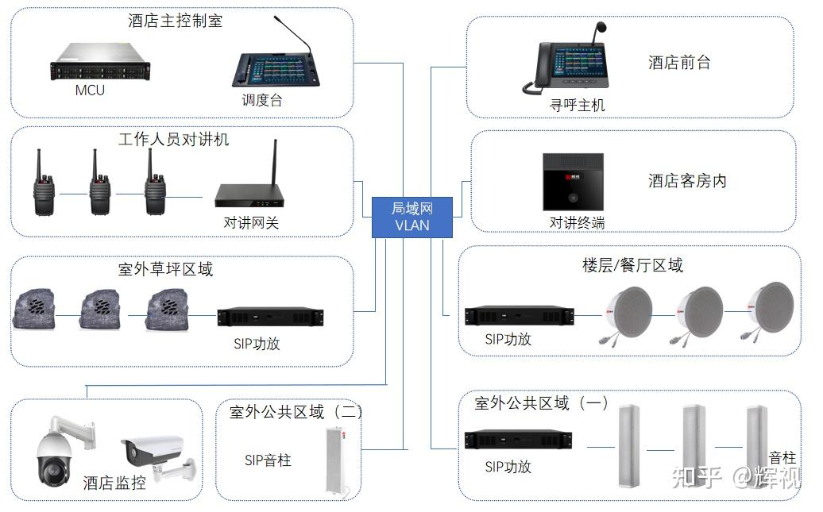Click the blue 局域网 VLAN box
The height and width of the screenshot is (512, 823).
coord(412,217)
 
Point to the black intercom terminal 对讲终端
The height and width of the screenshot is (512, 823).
coord(573,182)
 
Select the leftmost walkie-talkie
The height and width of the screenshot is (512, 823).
coord(44,183)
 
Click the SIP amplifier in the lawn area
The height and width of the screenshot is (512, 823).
coord(270,317)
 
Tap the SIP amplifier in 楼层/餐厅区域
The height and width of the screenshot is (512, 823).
coord(520,315)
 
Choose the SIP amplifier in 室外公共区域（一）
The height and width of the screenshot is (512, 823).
coord(518,439)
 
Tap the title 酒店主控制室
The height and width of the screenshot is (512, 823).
coord(175,21)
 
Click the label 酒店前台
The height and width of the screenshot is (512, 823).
coord(679,63)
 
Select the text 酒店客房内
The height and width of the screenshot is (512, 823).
coord(687,181)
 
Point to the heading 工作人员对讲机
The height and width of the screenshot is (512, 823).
coord(173,139)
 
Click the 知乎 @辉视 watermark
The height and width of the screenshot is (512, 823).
coord(736,476)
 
